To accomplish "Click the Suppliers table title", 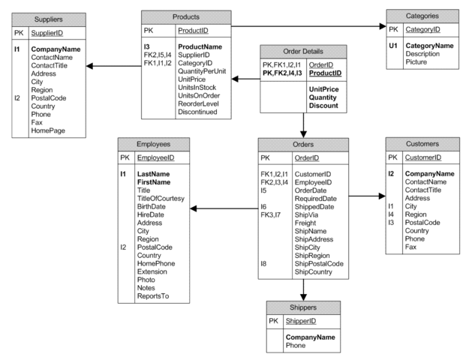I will (x=48, y=18).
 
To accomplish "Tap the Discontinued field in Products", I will (x=197, y=112).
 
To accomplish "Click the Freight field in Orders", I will (x=306, y=222).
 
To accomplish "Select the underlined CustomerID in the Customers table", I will (x=422, y=157).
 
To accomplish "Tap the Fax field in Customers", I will (x=411, y=247).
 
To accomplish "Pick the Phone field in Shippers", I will (x=296, y=346).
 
